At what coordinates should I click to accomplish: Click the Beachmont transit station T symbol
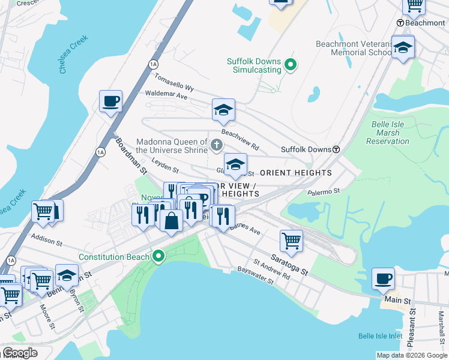pyautogui.click(x=401, y=23)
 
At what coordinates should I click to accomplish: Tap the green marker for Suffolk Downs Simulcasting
pyautogui.click(x=291, y=65)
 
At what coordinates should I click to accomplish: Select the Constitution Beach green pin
pyautogui.click(x=158, y=257)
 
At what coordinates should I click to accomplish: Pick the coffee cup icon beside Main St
pyautogui.click(x=383, y=280)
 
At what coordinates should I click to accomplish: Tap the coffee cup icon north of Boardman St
pyautogui.click(x=110, y=101)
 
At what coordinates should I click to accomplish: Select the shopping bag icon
pyautogui.click(x=172, y=220)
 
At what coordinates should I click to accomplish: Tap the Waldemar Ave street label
pyautogui.click(x=166, y=95)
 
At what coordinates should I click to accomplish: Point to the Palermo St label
pyautogui.click(x=324, y=191)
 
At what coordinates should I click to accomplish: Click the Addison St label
pyautogui.click(x=47, y=243)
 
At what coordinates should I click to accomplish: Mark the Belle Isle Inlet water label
pyautogui.click(x=380, y=336)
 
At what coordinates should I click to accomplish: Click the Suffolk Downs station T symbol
pyautogui.click(x=337, y=149)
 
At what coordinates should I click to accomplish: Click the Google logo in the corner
pyautogui.click(x=20, y=353)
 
